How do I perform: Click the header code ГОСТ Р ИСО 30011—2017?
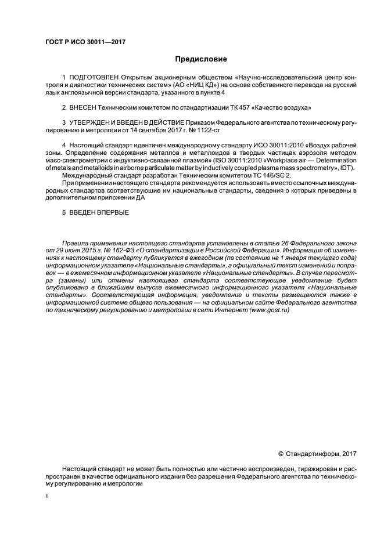pos(85,42)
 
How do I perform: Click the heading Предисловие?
pos(201,59)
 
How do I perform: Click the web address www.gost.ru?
pos(268,310)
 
